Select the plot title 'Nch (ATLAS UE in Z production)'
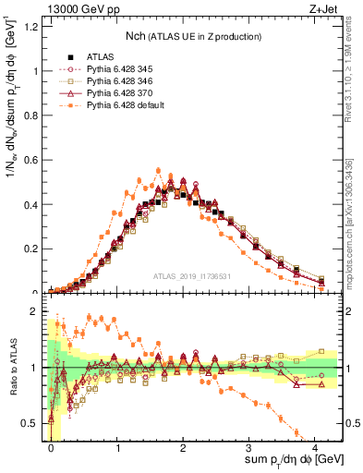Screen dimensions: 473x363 [193, 35]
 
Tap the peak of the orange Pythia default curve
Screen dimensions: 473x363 [158, 171]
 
